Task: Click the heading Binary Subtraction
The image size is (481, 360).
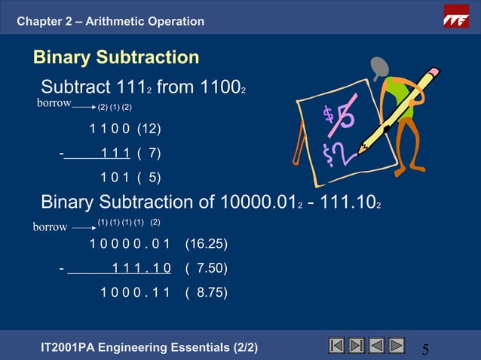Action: coord(116,57)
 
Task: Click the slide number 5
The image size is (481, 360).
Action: coord(426,349)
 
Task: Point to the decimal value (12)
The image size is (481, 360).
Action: coord(149,129)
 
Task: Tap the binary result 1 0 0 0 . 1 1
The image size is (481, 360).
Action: coord(135,292)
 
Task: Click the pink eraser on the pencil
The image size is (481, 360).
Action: coord(432,75)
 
